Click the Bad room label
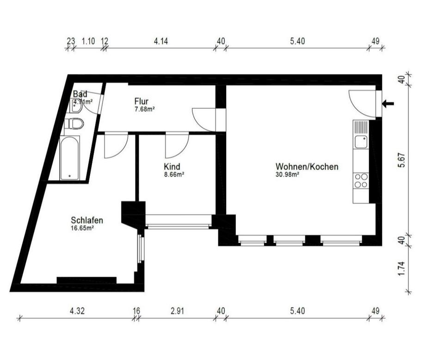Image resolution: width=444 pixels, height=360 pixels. pos(80,94)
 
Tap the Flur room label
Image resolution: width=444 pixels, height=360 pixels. pos(142,101)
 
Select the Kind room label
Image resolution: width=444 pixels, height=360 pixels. pos(172,166)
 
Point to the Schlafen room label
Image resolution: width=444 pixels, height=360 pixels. pos(87,220)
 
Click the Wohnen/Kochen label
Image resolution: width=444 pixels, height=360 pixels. pos(307,167)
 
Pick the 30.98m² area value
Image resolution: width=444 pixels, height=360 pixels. pos(287,174)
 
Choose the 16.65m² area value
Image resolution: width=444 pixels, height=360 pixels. pos(82,228)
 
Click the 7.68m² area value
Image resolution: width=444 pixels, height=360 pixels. pos(144,109)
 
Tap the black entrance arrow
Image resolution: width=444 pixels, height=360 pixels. pos(388,104)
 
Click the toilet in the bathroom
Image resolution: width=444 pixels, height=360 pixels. pos(74,124)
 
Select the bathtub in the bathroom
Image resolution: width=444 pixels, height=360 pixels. pos(70,158)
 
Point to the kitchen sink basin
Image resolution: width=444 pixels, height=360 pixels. pos(361,142)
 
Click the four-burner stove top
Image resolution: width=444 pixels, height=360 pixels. pos(361,181)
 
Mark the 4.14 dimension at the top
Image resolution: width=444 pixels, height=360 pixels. pos(161,41)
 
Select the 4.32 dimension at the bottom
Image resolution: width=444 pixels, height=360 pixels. pos(77,311)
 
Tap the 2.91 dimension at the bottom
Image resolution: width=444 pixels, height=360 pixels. pos(177,311)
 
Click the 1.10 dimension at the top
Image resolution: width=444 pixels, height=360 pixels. pos(88,41)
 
